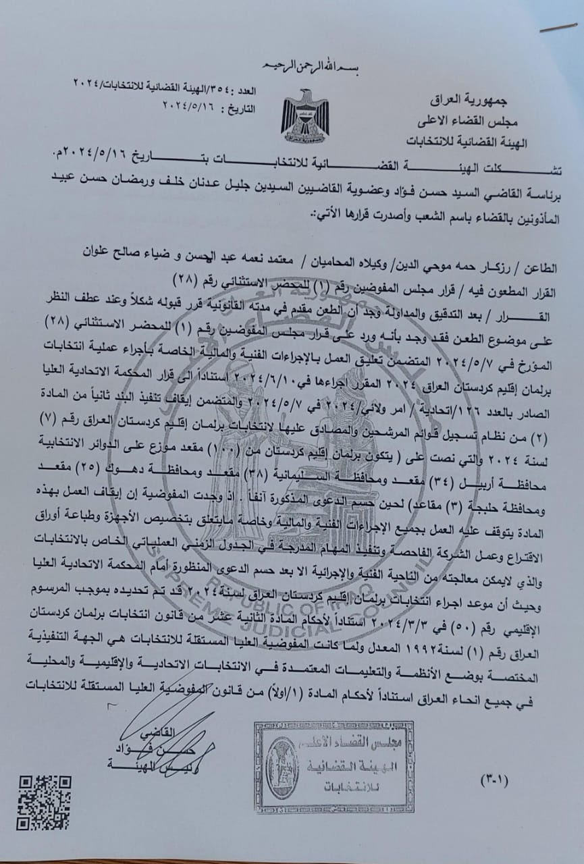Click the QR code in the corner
[x=44, y=801]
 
